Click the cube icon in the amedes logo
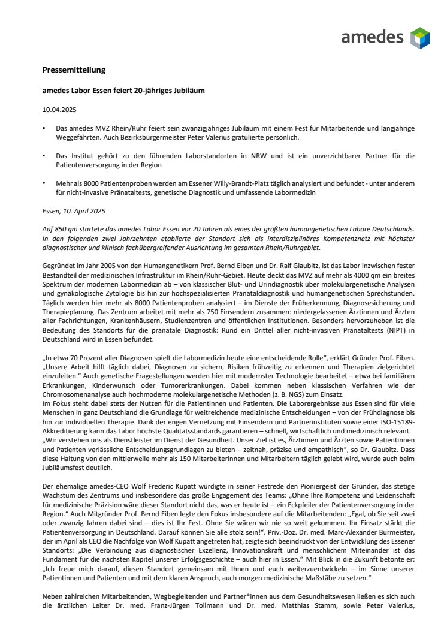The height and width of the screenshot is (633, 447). click(419, 38)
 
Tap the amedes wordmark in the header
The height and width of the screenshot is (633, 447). click(372, 38)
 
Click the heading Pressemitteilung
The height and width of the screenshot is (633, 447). click(74, 70)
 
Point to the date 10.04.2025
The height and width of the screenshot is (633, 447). click(59, 110)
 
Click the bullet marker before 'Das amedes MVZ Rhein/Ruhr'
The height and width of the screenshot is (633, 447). click(44, 128)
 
